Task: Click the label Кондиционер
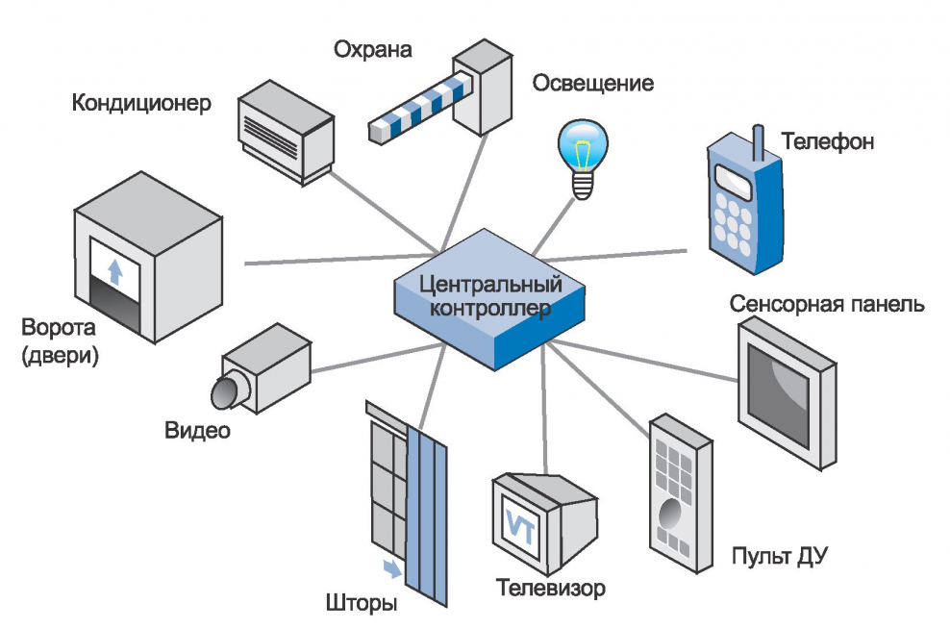click(x=141, y=103)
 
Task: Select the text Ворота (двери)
click(x=60, y=342)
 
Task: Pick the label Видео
click(x=196, y=430)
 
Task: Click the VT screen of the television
click(x=519, y=524)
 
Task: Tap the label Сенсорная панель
click(x=827, y=305)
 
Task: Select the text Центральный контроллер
click(x=490, y=296)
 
